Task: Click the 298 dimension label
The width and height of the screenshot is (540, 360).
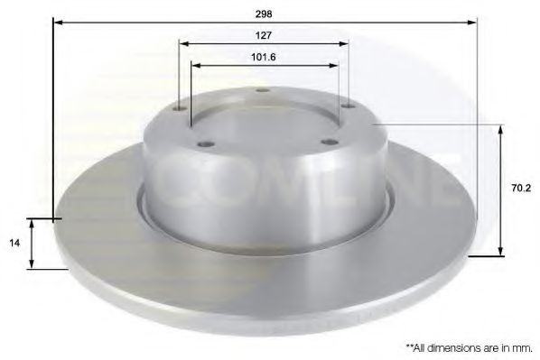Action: click(x=264, y=14)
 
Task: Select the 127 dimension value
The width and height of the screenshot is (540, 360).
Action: click(x=264, y=35)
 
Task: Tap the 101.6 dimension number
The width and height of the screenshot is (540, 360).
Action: click(x=264, y=57)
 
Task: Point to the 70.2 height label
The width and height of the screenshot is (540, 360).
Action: click(x=521, y=189)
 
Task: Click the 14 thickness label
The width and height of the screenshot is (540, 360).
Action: click(x=14, y=243)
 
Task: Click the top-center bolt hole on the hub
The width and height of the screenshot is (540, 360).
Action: click(x=263, y=90)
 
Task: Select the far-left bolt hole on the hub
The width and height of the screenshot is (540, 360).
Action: click(x=180, y=109)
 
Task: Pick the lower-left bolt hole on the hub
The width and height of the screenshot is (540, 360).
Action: click(x=206, y=144)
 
